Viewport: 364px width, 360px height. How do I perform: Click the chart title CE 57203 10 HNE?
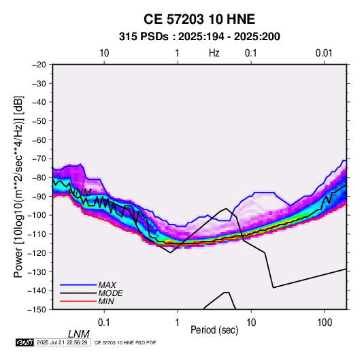click(x=199, y=19)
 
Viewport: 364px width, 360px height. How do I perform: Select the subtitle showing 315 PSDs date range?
click(x=199, y=37)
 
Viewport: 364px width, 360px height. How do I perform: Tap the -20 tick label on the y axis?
click(x=39, y=65)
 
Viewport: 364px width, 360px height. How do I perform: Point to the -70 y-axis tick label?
click(x=39, y=159)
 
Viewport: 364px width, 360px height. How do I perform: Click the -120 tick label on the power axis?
click(x=37, y=253)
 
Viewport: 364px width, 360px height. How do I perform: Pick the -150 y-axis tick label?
click(x=37, y=310)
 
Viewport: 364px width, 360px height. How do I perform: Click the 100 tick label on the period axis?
click(x=325, y=323)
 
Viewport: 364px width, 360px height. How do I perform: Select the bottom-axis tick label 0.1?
click(x=104, y=323)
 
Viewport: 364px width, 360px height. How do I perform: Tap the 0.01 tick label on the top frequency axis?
click(x=324, y=53)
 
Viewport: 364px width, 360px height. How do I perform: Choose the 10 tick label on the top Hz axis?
click(x=104, y=53)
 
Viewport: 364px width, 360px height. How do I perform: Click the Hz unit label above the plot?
click(x=214, y=53)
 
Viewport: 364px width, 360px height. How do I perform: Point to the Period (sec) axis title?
click(x=214, y=330)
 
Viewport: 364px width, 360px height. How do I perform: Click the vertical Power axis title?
click(x=18, y=186)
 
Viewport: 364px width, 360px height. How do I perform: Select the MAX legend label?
click(x=107, y=285)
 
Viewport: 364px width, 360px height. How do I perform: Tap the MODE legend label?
click(x=110, y=293)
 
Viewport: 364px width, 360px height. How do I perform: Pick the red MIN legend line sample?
click(x=78, y=301)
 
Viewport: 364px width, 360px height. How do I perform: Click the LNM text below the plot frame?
click(x=79, y=334)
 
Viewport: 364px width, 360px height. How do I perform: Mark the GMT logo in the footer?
click(x=24, y=342)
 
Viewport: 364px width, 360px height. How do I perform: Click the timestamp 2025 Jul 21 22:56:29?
click(x=62, y=342)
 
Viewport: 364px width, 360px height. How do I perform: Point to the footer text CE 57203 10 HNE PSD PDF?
click(x=125, y=342)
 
